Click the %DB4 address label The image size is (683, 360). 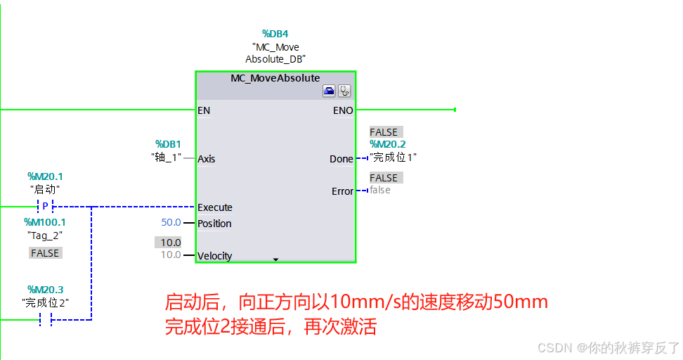(x=275, y=34)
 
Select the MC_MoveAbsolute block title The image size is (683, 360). (x=275, y=78)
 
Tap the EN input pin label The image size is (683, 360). (x=204, y=110)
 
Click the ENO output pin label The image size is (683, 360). (x=343, y=110)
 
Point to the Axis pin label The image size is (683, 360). (x=207, y=159)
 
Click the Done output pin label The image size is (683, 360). (x=341, y=159)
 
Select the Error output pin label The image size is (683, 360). (x=342, y=191)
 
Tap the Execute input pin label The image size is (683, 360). (x=215, y=207)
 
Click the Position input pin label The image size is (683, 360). (x=214, y=224)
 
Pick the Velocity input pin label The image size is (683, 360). (x=215, y=256)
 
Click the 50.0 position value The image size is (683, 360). (x=171, y=223)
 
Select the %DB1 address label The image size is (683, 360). (x=168, y=143)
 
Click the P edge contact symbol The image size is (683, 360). (x=45, y=207)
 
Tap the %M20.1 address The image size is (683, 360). (x=45, y=176)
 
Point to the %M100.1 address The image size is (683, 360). (x=45, y=222)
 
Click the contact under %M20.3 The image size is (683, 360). (x=45, y=320)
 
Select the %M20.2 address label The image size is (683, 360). (x=388, y=145)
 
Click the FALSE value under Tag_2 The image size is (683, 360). (x=45, y=252)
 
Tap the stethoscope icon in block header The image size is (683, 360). (x=344, y=91)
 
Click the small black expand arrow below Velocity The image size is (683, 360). (x=275, y=259)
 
